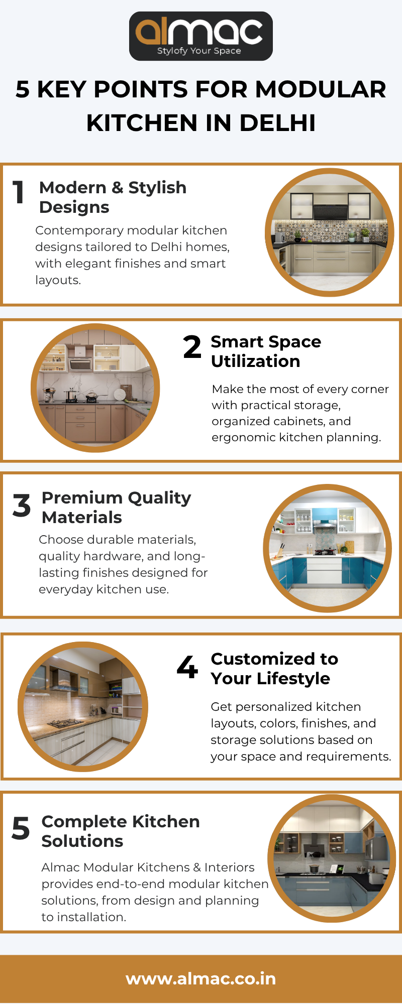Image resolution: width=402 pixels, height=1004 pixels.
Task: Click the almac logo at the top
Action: [x=201, y=36]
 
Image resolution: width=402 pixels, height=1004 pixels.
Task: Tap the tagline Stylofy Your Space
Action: [x=199, y=51]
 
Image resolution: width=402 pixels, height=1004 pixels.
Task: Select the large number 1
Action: [x=19, y=192]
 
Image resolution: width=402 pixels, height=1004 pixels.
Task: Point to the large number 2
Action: [x=192, y=347]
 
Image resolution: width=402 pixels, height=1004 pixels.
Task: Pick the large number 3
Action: [x=22, y=505]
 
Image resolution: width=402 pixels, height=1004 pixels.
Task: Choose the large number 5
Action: [x=21, y=828]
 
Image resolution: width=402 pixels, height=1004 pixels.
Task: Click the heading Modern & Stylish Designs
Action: [x=113, y=197]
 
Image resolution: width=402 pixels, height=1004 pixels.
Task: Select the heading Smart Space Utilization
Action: [x=266, y=351]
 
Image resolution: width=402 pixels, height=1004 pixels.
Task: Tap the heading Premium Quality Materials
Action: [x=117, y=508]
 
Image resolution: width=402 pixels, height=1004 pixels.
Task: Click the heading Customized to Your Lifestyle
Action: [x=274, y=669]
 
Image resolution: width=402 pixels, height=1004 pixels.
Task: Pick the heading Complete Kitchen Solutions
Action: [x=121, y=831]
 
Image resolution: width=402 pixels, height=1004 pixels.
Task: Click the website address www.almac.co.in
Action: [x=201, y=979]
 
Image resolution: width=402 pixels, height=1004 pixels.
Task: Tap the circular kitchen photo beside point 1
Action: [x=330, y=232]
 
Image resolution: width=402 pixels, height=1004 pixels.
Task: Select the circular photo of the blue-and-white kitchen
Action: [x=328, y=548]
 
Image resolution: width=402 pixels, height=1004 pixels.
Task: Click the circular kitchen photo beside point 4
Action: [x=83, y=706]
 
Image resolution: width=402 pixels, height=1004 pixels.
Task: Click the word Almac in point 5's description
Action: [x=59, y=867]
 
